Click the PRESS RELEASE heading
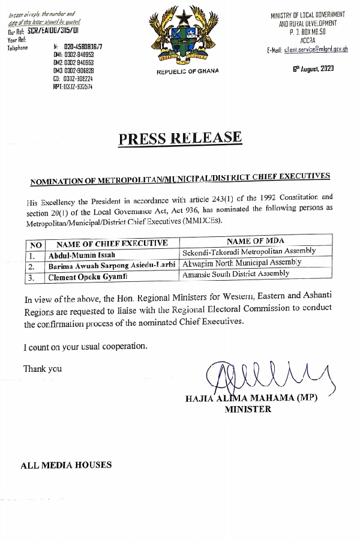[x=180, y=139]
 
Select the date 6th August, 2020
[x=313, y=68]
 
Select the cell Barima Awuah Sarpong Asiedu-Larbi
[x=113, y=265]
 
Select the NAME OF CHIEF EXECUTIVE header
[x=112, y=244]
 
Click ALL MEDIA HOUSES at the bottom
[x=65, y=465]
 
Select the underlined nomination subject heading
[x=181, y=178]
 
